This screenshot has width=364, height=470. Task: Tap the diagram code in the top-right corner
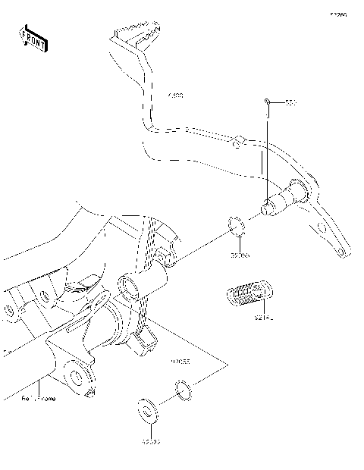click(337, 14)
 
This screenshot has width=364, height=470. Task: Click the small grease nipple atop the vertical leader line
click(267, 101)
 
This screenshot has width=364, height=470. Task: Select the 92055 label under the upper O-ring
click(241, 255)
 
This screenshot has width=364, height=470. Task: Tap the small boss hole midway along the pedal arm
click(237, 140)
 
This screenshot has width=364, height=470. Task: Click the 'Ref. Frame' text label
click(39, 397)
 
